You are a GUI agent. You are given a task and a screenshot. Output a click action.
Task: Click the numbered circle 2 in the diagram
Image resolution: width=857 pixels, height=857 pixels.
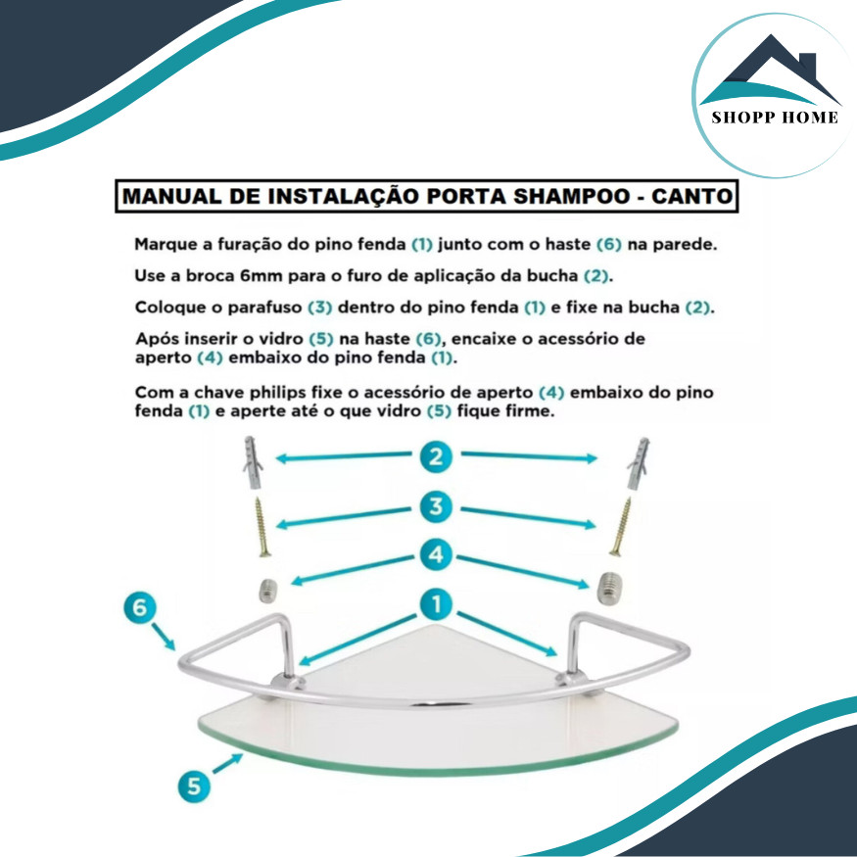click(436, 457)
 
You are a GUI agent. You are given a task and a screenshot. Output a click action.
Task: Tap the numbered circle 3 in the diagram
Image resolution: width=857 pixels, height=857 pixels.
click(436, 506)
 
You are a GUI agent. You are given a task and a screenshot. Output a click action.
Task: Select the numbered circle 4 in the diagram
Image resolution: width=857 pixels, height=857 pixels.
click(436, 555)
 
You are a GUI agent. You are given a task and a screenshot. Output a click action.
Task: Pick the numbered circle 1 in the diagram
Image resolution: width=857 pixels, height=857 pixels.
click(436, 604)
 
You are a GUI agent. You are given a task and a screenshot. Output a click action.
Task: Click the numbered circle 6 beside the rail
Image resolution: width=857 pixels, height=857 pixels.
click(140, 608)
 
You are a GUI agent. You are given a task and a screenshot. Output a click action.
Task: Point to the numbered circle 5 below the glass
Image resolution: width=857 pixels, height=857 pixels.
click(194, 786)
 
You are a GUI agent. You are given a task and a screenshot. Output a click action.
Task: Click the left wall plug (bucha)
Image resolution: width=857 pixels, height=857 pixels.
click(253, 462)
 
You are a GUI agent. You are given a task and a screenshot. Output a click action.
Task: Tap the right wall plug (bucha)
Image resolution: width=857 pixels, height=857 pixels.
click(638, 463)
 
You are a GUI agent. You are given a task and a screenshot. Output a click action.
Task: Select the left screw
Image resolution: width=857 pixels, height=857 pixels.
click(262, 527)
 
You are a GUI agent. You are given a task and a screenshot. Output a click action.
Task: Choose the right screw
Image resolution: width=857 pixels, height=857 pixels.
click(620, 526)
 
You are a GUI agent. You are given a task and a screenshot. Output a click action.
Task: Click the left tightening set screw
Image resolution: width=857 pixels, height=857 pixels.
click(267, 591)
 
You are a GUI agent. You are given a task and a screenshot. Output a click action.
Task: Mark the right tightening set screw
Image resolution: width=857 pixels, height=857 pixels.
click(608, 589)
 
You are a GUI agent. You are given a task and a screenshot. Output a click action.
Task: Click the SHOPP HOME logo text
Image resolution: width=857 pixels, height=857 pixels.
click(775, 118)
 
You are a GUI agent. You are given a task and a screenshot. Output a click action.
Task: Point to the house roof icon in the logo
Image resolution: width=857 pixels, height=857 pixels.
click(770, 69)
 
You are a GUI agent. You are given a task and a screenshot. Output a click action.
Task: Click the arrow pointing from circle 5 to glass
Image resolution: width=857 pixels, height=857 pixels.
click(227, 764)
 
